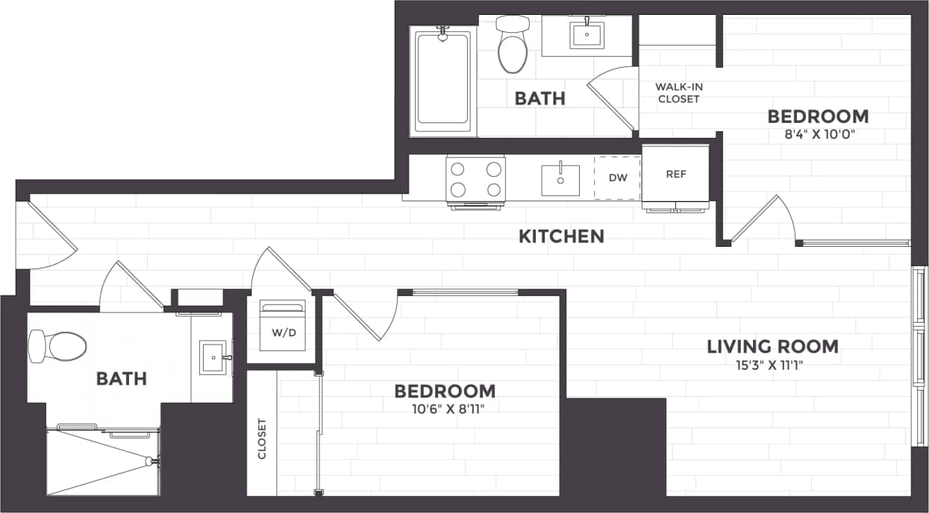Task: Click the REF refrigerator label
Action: pos(675,174)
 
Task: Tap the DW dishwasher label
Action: pos(617,177)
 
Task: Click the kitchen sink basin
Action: pos(560,179)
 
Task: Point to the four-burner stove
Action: pos(475,179)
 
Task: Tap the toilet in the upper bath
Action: pos(512,46)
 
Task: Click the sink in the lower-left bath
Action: pos(213,357)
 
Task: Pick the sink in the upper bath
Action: pos(587,34)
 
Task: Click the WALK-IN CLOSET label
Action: pos(678,92)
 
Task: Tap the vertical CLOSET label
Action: pos(262,439)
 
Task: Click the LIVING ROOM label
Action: pos(772,346)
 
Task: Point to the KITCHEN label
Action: pos(561,236)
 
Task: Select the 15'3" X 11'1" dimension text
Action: pos(772,365)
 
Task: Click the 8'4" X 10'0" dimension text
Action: pos(818,135)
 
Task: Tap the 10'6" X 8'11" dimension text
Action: pos(444,409)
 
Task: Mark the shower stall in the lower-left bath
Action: pos(103,461)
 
